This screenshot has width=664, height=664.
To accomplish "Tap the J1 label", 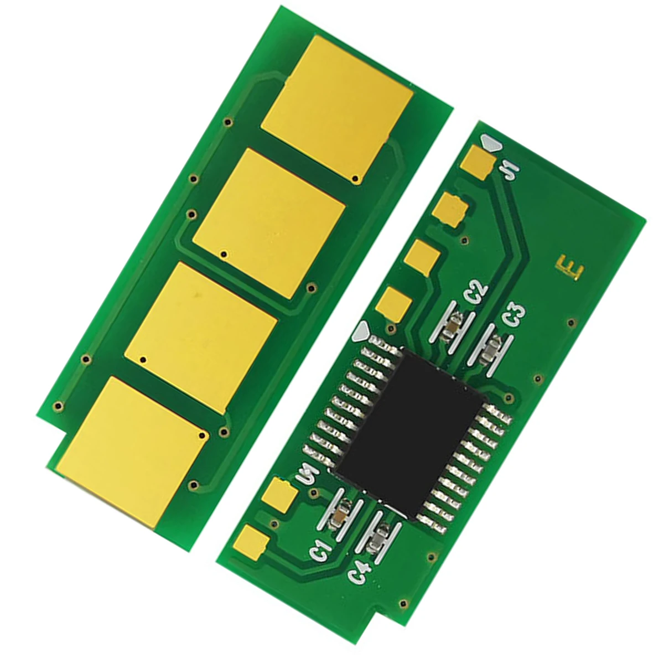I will pyautogui.click(x=509, y=170).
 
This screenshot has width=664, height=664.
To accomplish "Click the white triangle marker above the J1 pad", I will pyautogui.click(x=491, y=143).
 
